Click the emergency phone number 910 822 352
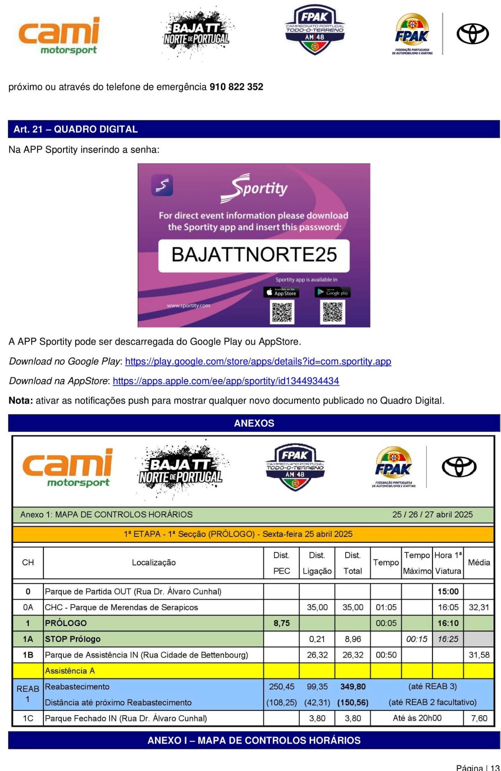pyautogui.click(x=236, y=87)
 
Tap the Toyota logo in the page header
pyautogui.click(x=472, y=34)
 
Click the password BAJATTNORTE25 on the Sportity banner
pyautogui.click(x=254, y=255)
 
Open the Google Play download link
pyautogui.click(x=258, y=361)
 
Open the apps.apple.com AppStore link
pyautogui.click(x=226, y=381)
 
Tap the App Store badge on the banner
pyautogui.click(x=281, y=292)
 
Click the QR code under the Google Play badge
pyautogui.click(x=332, y=312)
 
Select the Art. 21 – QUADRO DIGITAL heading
pyautogui.click(x=75, y=129)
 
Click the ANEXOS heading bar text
pyautogui.click(x=254, y=423)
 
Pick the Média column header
pyautogui.click(x=479, y=563)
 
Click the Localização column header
pyautogui.click(x=154, y=563)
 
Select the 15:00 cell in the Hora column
pyautogui.click(x=448, y=592)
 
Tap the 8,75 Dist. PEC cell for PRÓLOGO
pyautogui.click(x=281, y=623)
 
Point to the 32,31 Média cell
pyautogui.click(x=479, y=607)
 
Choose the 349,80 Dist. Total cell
pyautogui.click(x=352, y=687)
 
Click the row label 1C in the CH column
pyautogui.click(x=28, y=718)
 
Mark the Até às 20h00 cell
pyautogui.click(x=417, y=718)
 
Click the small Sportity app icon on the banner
pyautogui.click(x=162, y=185)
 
